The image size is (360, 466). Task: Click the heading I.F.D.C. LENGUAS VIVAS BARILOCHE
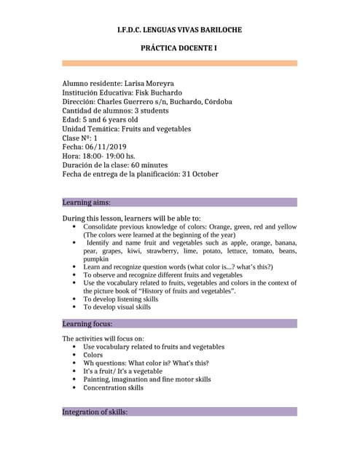pos(179,30)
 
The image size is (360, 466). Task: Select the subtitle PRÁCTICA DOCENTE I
pos(179,48)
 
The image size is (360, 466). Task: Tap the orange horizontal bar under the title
pos(179,63)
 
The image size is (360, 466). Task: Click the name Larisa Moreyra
pos(149,84)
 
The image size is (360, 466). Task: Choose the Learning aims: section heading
pos(87,202)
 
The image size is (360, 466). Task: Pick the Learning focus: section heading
pos(87,323)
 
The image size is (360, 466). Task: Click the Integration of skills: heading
pos(95,412)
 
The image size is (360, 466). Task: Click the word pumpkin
pos(95,259)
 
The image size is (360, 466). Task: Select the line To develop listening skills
pos(120,299)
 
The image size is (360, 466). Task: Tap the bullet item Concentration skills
pos(113,388)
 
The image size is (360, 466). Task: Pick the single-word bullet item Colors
pos(93,355)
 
